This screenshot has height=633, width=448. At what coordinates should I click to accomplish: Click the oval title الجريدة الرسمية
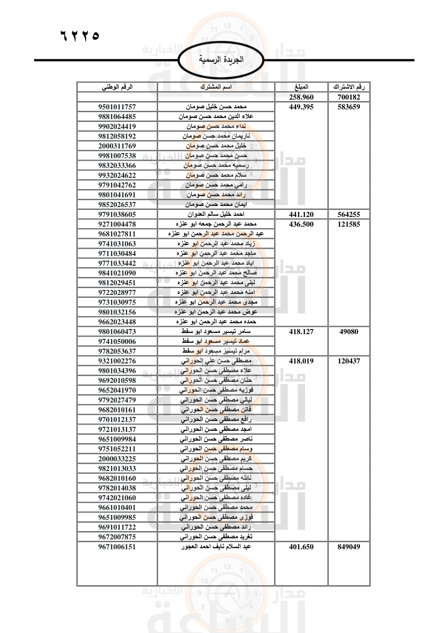tap(221, 60)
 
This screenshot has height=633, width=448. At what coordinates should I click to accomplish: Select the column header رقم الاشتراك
tap(349, 87)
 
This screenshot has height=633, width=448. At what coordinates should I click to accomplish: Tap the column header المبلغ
tap(301, 87)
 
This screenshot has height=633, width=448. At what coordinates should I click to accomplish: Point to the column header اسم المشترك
tap(216, 87)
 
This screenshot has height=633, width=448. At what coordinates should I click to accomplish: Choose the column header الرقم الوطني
tap(117, 87)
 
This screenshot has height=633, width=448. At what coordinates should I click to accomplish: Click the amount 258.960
tap(301, 97)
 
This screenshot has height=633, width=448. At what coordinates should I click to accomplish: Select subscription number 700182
tap(349, 97)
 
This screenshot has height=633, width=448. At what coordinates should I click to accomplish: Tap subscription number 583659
tap(349, 107)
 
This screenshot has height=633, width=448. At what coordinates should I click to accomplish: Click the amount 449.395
tap(301, 107)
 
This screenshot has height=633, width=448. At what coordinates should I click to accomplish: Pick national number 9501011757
tap(117, 107)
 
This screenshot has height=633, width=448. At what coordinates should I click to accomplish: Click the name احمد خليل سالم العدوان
tap(216, 214)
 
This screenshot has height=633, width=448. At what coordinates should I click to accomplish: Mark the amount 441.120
tap(301, 215)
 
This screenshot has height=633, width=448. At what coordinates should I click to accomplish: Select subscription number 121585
tap(349, 224)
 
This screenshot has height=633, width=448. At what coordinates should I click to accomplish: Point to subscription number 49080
tap(349, 332)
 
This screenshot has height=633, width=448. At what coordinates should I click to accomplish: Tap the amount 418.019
tap(301, 361)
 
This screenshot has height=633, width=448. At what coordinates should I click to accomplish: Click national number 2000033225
tap(117, 459)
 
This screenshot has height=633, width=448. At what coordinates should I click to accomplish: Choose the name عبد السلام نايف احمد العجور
tap(216, 546)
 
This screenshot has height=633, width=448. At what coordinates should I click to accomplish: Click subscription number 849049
tap(349, 547)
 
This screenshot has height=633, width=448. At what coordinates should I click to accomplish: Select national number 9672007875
tap(117, 537)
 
